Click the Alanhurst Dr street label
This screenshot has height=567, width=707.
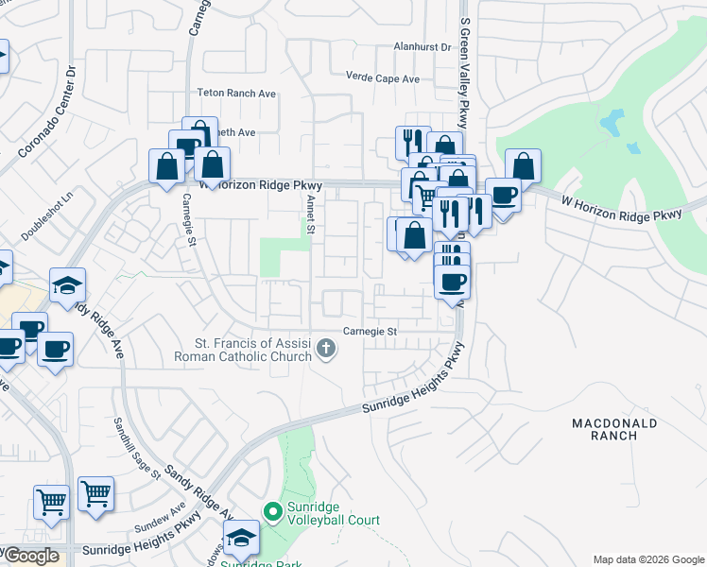[x=423, y=46]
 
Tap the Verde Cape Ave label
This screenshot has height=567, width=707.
[x=382, y=78]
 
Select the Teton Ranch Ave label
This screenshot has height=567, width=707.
[x=235, y=94]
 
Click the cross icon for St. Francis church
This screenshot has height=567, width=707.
[x=326, y=350]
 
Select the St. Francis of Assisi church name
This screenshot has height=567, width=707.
[x=243, y=350]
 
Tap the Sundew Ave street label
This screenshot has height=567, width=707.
[x=165, y=518]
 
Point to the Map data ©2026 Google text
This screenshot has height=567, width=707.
[x=648, y=559]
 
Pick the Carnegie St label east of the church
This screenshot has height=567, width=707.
[x=370, y=332]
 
